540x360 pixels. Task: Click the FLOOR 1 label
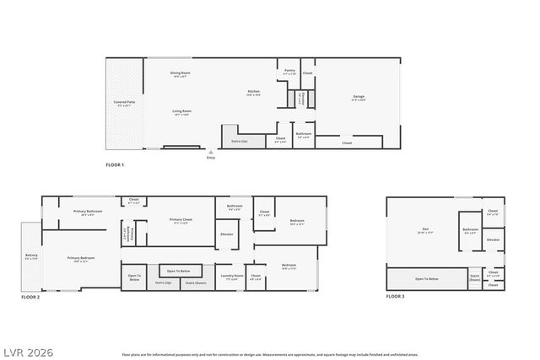pos(115,164)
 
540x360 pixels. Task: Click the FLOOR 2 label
pos(30,298)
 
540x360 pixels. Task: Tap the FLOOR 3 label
pos(396,298)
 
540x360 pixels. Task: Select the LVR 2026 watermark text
pos(26,348)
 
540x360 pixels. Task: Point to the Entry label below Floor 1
pos(210,158)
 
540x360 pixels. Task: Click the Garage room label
pos(359,97)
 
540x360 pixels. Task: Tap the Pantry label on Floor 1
pos(289,72)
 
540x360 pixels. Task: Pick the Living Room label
pos(181,112)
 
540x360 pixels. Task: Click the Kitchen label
pos(253,92)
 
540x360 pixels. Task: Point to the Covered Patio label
pos(125,104)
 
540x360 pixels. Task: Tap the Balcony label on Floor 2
pos(32,256)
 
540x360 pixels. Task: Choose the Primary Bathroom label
pos(88,212)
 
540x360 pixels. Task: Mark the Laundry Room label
pos(232,276)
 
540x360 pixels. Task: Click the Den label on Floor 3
pos(425,229)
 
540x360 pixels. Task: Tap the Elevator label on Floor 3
pos(494,239)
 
